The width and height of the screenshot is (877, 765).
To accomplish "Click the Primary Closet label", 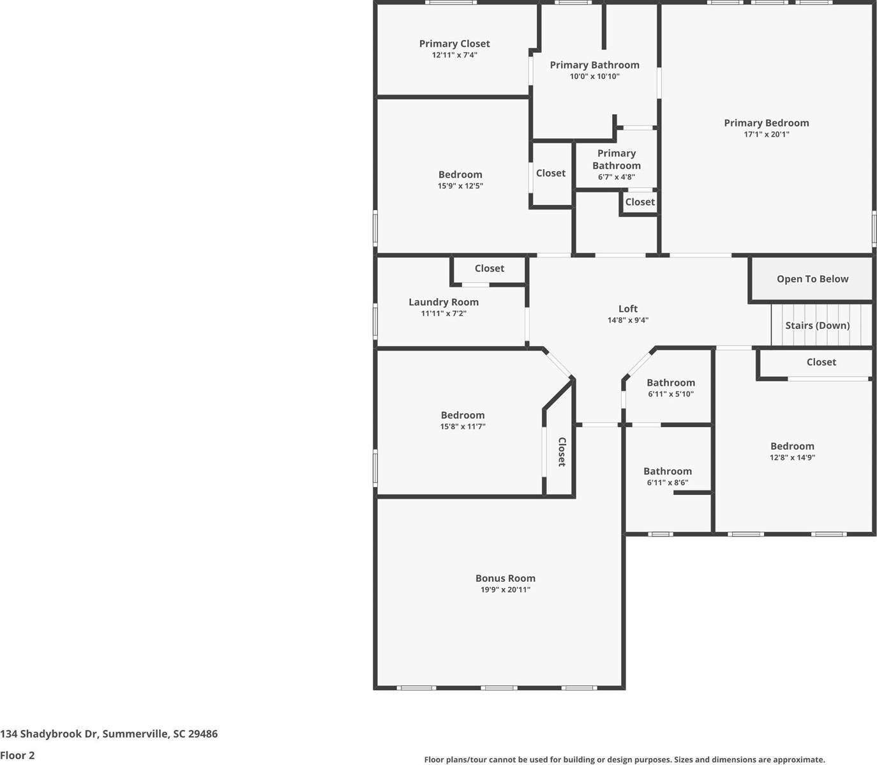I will coord(454,44).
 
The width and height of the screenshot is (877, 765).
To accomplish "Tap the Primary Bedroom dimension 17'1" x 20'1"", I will coord(766,135).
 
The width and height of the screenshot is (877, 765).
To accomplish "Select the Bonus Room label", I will coord(505,579).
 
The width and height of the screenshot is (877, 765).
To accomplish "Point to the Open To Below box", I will coord(812,279).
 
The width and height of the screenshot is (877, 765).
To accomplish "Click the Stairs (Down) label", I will coord(817,326).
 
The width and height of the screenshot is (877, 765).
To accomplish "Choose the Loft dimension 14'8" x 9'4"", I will coord(627,321).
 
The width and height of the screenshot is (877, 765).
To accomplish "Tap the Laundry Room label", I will coord(443,302).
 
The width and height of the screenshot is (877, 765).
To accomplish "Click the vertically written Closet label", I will coord(562,452).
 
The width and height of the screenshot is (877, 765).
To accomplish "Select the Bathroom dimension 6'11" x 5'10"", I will coord(670,395).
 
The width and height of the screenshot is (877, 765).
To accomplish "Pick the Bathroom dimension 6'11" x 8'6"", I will coord(667,483).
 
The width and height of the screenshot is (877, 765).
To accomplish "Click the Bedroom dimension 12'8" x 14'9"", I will coord(792,458).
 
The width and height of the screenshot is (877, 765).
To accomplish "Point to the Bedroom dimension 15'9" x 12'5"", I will coord(460,186).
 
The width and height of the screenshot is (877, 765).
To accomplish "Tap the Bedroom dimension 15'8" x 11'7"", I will coord(462,427).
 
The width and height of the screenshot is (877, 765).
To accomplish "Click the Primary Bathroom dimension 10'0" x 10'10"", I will coord(594,77).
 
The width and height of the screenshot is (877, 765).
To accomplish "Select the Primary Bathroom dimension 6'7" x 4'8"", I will coord(616,178).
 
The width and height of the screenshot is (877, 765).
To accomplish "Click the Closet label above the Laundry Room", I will coord(489,269).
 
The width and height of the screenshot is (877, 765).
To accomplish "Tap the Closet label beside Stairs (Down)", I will coord(821,362).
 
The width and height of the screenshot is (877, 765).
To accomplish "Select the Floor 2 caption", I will coord(17,755).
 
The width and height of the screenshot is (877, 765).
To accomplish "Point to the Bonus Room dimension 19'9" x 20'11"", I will coord(505,590).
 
